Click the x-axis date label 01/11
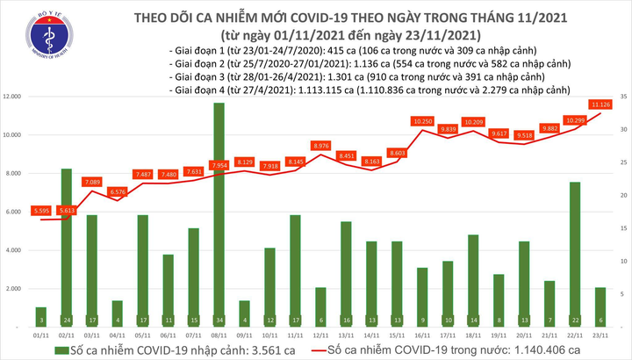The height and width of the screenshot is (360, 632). point(41,334)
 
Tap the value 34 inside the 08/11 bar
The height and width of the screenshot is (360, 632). point(219,318)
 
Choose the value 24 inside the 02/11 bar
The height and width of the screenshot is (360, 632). point(66,318)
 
